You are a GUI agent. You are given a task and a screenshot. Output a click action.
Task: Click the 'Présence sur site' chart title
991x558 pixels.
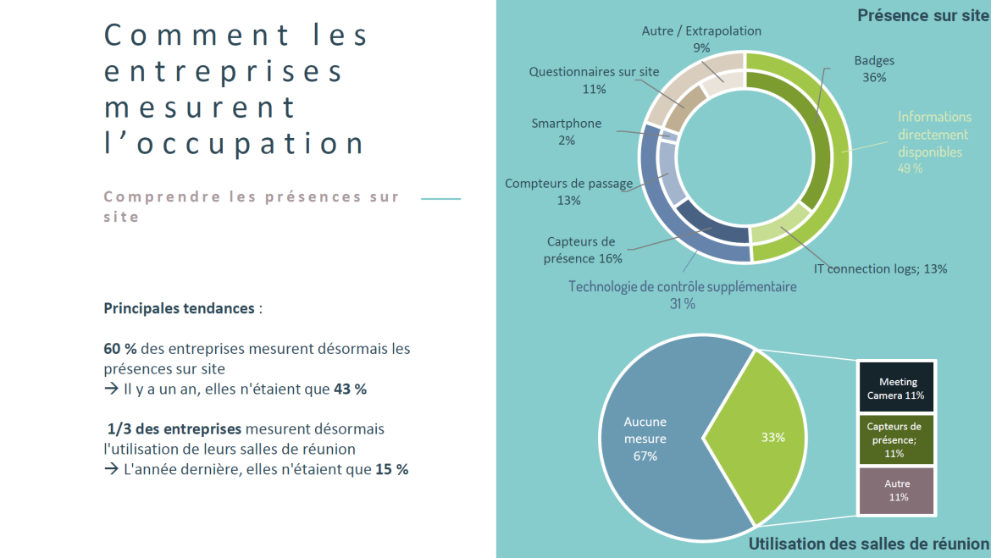922,15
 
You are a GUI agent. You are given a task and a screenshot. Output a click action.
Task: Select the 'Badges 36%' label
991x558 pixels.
874,69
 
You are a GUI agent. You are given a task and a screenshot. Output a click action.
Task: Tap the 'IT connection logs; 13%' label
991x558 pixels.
880,268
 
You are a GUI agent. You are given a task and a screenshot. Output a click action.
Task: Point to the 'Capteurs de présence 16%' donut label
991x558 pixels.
583,250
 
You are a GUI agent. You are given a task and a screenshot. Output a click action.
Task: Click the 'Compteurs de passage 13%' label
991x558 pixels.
568,191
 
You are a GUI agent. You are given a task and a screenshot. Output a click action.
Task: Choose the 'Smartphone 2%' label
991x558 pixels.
566,131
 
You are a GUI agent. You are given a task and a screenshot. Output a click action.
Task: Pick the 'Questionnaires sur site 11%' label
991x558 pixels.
594,80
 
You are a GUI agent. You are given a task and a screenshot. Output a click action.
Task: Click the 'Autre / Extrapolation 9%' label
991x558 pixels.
701,39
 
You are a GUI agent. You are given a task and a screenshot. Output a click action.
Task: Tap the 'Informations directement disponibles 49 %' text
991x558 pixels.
933,142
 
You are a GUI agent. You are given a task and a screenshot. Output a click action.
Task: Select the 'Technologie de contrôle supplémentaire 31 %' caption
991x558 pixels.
682,295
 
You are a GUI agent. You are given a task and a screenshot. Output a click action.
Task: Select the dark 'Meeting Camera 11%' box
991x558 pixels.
896,388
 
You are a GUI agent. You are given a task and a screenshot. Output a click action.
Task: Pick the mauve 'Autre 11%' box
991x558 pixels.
896,490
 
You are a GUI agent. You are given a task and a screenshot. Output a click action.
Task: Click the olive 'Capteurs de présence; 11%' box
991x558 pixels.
896,439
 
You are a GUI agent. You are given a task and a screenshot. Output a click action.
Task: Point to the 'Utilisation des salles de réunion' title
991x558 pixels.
868,544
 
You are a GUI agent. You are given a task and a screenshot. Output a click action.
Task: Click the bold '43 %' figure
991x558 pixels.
350,389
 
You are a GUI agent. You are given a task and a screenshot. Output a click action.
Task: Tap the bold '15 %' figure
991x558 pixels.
391,469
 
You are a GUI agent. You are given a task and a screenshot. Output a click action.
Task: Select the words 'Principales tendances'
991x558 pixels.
179,308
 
